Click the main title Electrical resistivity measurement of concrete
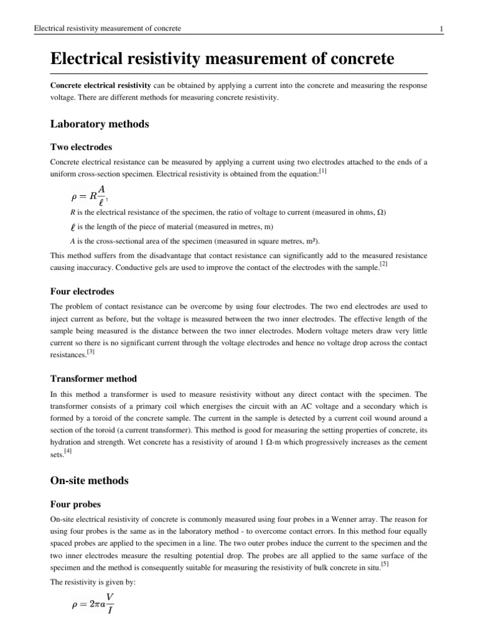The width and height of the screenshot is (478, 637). (x=222, y=60)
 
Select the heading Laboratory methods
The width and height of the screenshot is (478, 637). (x=100, y=124)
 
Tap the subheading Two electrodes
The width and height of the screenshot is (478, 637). (x=81, y=147)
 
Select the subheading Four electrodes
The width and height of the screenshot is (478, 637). (x=82, y=291)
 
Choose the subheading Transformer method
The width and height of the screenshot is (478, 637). (x=93, y=378)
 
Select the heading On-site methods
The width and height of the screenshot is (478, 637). (x=89, y=480)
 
